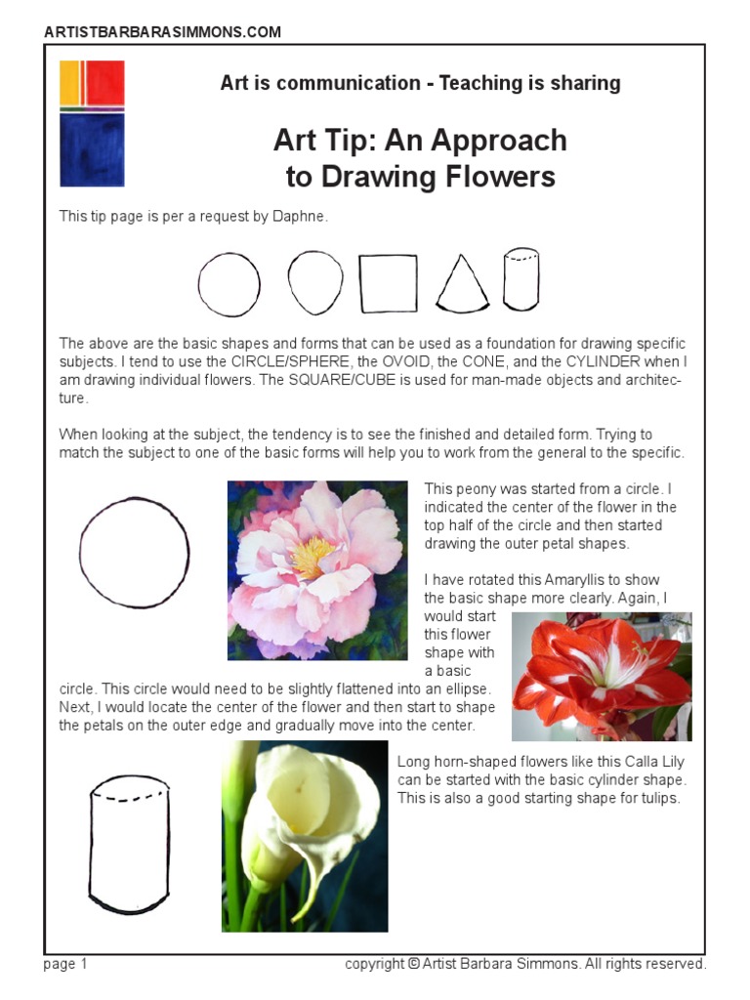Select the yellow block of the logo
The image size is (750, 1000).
coord(68,83)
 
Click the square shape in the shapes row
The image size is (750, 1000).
coord(389,283)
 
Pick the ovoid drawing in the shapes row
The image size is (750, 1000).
coord(315,281)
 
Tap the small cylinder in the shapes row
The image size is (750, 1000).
coord(521,278)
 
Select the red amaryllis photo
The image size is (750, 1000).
coord(602,676)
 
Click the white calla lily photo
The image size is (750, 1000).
coord(305,836)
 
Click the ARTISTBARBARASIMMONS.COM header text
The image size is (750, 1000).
coord(162,32)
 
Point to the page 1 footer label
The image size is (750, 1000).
coord(65,964)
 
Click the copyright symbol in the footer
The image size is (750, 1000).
coord(414,964)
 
